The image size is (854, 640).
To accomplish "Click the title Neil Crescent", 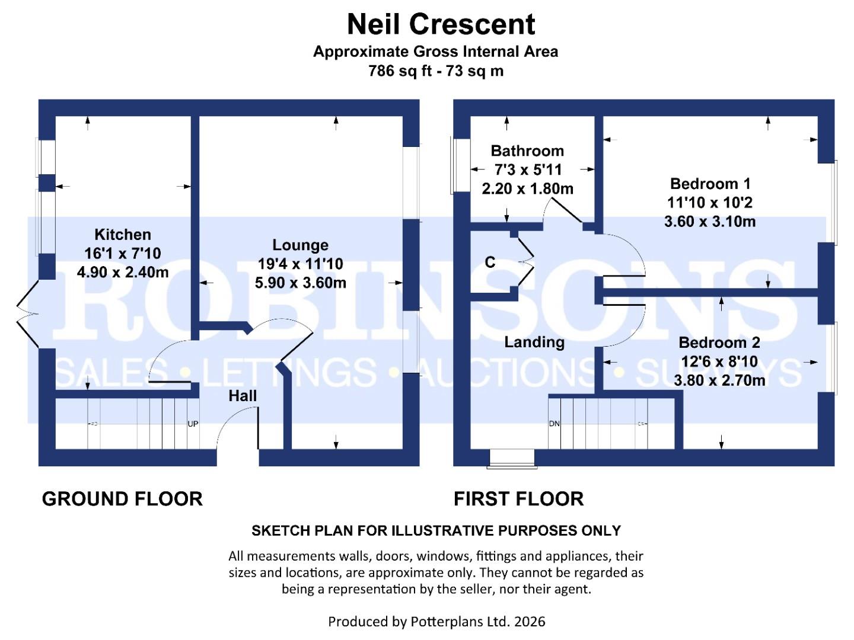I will tap(441, 25).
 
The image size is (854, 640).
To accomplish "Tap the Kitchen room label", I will tap(123, 235).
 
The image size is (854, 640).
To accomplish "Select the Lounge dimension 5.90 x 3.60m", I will tap(300, 283).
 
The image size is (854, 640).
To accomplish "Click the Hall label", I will tap(243, 396).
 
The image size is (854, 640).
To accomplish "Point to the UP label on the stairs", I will tap(193, 424).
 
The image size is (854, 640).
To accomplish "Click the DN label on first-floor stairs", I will tap(554, 424).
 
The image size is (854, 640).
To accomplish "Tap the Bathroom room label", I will tap(527, 151).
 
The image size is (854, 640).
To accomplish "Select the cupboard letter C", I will tap(490, 263).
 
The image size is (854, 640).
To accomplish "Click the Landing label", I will tap(534, 342).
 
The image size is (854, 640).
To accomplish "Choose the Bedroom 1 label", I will tap(710, 184).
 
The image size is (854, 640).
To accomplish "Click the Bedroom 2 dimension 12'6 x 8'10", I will tap(719, 361).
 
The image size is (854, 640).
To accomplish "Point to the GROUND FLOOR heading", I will tap(122, 499).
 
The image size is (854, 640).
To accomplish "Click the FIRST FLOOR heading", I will tap(518, 499).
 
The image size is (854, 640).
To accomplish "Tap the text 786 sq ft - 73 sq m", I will tap(436, 71).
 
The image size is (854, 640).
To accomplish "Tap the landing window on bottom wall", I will tap(512, 457).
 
